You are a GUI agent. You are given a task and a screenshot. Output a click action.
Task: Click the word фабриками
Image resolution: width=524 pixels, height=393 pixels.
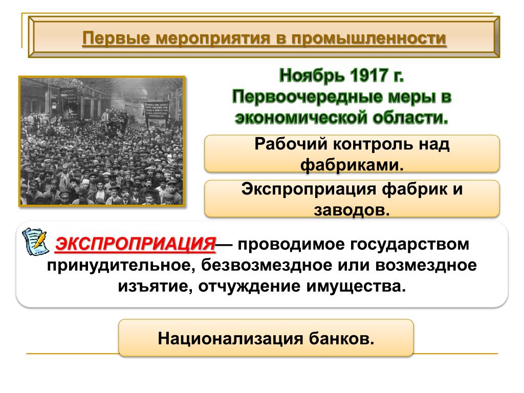tap(352, 165)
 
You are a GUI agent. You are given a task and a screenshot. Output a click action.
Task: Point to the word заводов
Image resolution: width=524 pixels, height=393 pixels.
tap(352, 210)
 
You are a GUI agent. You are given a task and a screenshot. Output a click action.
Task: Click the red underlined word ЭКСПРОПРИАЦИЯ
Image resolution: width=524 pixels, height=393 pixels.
tap(136, 244)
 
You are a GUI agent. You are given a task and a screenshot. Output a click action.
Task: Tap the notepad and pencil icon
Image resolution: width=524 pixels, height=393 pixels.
tap(35, 242)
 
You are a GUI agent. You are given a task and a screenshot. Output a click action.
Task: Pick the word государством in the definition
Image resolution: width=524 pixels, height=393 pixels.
tap(410, 245)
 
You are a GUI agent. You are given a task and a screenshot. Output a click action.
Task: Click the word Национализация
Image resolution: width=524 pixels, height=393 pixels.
tap(231, 339)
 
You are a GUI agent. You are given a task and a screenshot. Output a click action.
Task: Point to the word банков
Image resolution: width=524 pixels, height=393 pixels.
tap(341, 339)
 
